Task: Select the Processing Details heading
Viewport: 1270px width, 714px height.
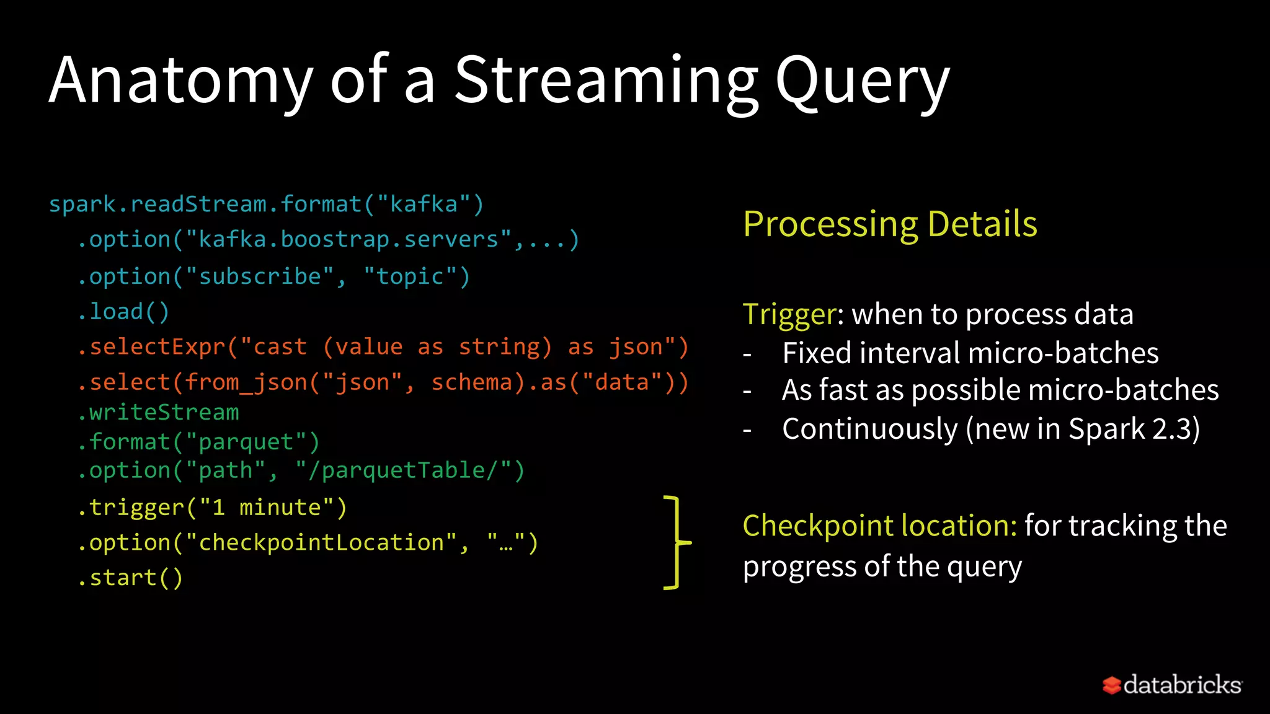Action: click(x=890, y=224)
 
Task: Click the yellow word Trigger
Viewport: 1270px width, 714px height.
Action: click(x=789, y=314)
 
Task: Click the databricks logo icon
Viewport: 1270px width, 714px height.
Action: click(x=1111, y=685)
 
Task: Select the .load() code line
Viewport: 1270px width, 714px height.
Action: click(x=124, y=312)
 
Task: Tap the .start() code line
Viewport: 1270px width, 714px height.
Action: click(x=131, y=578)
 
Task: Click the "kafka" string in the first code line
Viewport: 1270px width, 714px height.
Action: click(x=424, y=205)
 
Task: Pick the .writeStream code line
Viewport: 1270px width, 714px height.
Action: click(x=159, y=412)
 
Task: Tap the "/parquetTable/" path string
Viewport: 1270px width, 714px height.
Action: click(x=403, y=470)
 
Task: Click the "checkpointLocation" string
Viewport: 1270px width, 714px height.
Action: click(x=321, y=543)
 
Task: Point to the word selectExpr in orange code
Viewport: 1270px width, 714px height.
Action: click(x=158, y=347)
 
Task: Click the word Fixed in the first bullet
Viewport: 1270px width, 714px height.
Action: click(x=817, y=353)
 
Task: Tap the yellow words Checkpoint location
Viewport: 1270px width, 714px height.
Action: click(x=879, y=526)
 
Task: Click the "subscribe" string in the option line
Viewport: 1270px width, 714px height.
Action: click(x=260, y=276)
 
